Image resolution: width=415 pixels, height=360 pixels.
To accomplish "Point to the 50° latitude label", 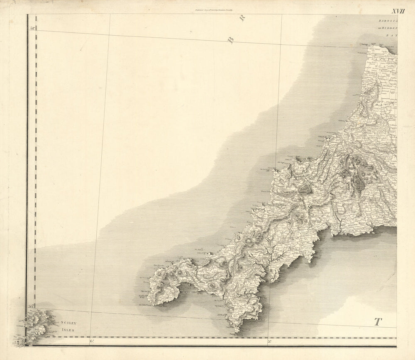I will click(x=31, y=307).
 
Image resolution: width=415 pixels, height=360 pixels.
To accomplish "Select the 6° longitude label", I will click(x=92, y=341).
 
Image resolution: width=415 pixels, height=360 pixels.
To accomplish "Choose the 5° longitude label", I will click(x=269, y=341).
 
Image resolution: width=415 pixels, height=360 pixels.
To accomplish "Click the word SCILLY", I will click(x=68, y=323).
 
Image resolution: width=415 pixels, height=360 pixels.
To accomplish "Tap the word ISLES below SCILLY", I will click(x=68, y=330).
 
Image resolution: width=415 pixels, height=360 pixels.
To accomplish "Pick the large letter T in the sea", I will click(x=378, y=321).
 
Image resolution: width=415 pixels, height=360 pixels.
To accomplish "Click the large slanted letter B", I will click(x=231, y=40).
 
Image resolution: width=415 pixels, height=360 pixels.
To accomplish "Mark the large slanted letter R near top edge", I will click(x=243, y=17).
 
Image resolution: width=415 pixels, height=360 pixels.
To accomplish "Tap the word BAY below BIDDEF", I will click(x=392, y=36).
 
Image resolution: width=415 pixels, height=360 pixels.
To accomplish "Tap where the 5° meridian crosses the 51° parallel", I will click(x=281, y=43).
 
